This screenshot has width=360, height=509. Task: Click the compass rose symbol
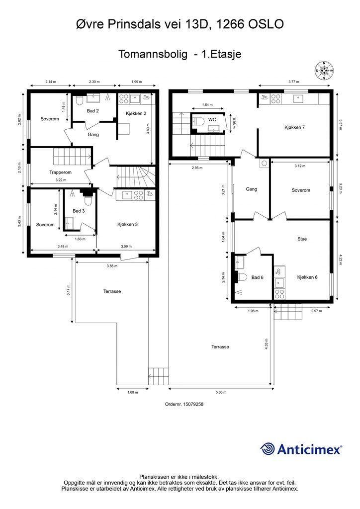pyautogui.click(x=324, y=71)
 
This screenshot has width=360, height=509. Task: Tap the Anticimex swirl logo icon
pyautogui.click(x=268, y=449)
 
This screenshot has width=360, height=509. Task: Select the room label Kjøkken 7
pyautogui.click(x=294, y=127)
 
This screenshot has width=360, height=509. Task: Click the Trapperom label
pyautogui.click(x=60, y=172)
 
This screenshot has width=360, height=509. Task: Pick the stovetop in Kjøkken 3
pyautogui.click(x=139, y=195)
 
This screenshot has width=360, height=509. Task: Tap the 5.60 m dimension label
pyautogui.click(x=221, y=392)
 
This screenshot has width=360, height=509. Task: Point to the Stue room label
pyautogui.click(x=302, y=239)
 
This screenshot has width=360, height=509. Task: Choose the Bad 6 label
pyautogui.click(x=258, y=277)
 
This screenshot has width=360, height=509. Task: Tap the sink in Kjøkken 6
pyautogui.click(x=279, y=283)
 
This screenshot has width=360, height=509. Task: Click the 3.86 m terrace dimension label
pyautogui.click(x=112, y=266)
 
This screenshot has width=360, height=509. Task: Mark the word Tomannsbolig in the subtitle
pyautogui.click(x=153, y=54)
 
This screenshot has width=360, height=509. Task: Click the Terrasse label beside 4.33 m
pyautogui.click(x=220, y=346)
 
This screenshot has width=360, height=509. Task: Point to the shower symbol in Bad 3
pyautogui.click(x=72, y=193)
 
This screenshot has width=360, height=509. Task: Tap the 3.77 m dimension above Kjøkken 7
pyautogui.click(x=294, y=82)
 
